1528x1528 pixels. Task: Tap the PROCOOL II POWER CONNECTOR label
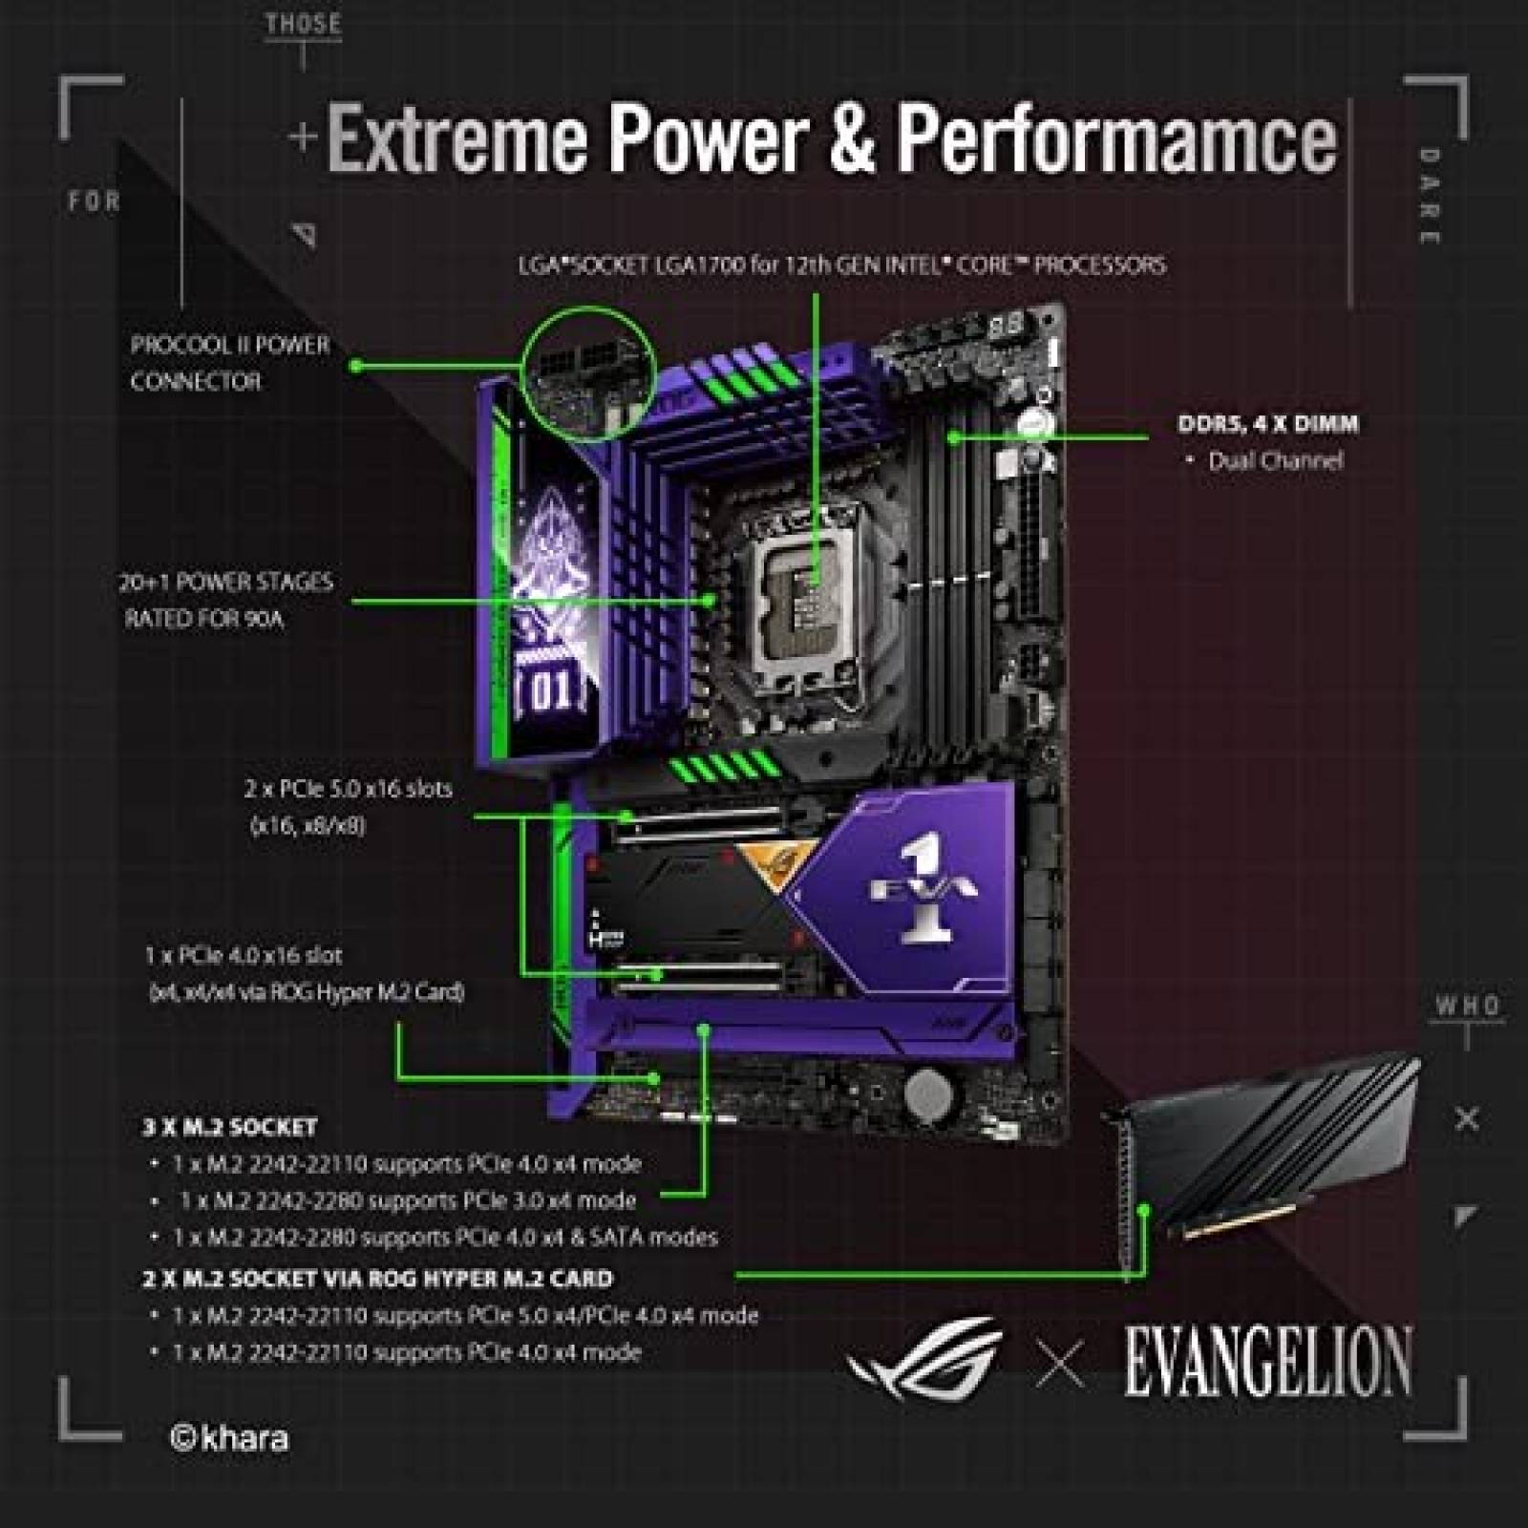(x=229, y=363)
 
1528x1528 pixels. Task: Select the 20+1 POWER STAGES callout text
(x=226, y=600)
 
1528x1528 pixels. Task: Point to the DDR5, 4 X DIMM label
(x=1267, y=424)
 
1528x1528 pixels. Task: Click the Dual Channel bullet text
(x=1274, y=461)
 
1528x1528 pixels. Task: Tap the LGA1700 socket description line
(x=841, y=265)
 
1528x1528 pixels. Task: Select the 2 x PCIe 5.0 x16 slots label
(x=348, y=806)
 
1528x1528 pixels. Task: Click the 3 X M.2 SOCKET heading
(x=229, y=1127)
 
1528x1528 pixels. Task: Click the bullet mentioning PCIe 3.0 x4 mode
(x=407, y=1200)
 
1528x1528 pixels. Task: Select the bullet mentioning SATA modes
(x=445, y=1238)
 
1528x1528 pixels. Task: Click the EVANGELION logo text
(x=1266, y=1362)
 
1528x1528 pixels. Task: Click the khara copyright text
(x=229, y=1438)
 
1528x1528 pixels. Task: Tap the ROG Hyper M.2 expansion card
(x=1270, y=1146)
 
